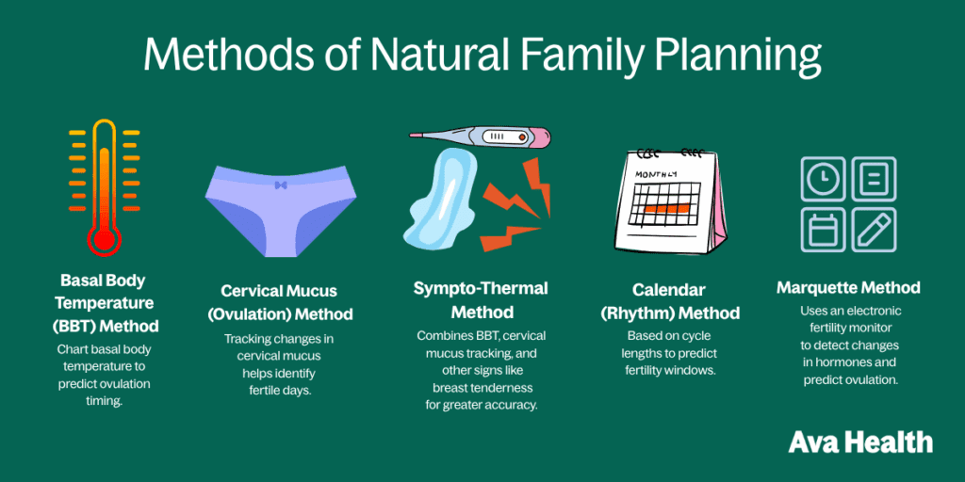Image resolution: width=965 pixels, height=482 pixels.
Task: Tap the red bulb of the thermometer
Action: [104, 238]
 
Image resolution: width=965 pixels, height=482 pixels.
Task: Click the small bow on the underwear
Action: [280, 185]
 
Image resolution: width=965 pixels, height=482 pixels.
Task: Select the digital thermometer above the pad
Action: [481, 137]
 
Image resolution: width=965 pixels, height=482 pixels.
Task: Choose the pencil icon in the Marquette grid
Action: [874, 230]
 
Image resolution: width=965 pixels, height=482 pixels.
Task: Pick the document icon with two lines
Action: [874, 179]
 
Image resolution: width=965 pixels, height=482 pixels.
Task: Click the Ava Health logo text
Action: [859, 442]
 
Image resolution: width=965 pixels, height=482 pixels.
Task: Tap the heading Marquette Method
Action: [848, 287]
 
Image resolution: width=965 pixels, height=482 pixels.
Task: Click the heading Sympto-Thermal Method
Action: [481, 299]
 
